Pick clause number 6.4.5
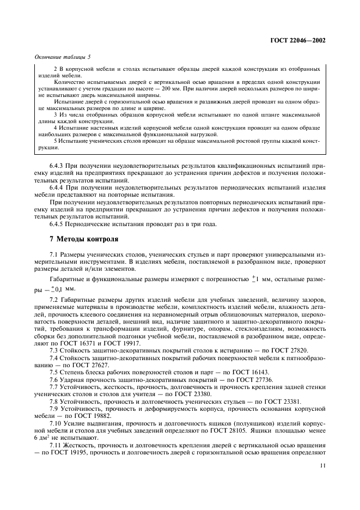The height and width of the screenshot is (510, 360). click(x=57, y=223)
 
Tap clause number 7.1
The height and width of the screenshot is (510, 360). click(x=54, y=254)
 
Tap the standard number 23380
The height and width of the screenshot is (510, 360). click(x=194, y=393)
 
